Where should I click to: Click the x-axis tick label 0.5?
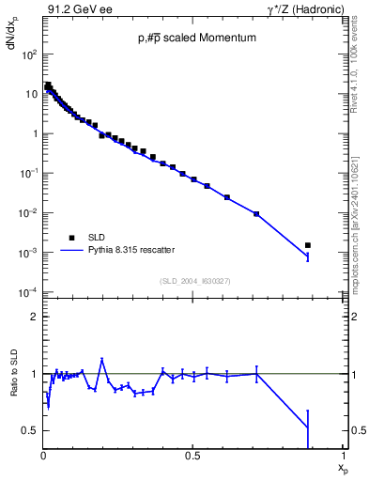(192, 456)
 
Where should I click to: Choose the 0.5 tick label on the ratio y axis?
(29, 430)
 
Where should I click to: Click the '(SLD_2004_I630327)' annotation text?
(195, 281)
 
